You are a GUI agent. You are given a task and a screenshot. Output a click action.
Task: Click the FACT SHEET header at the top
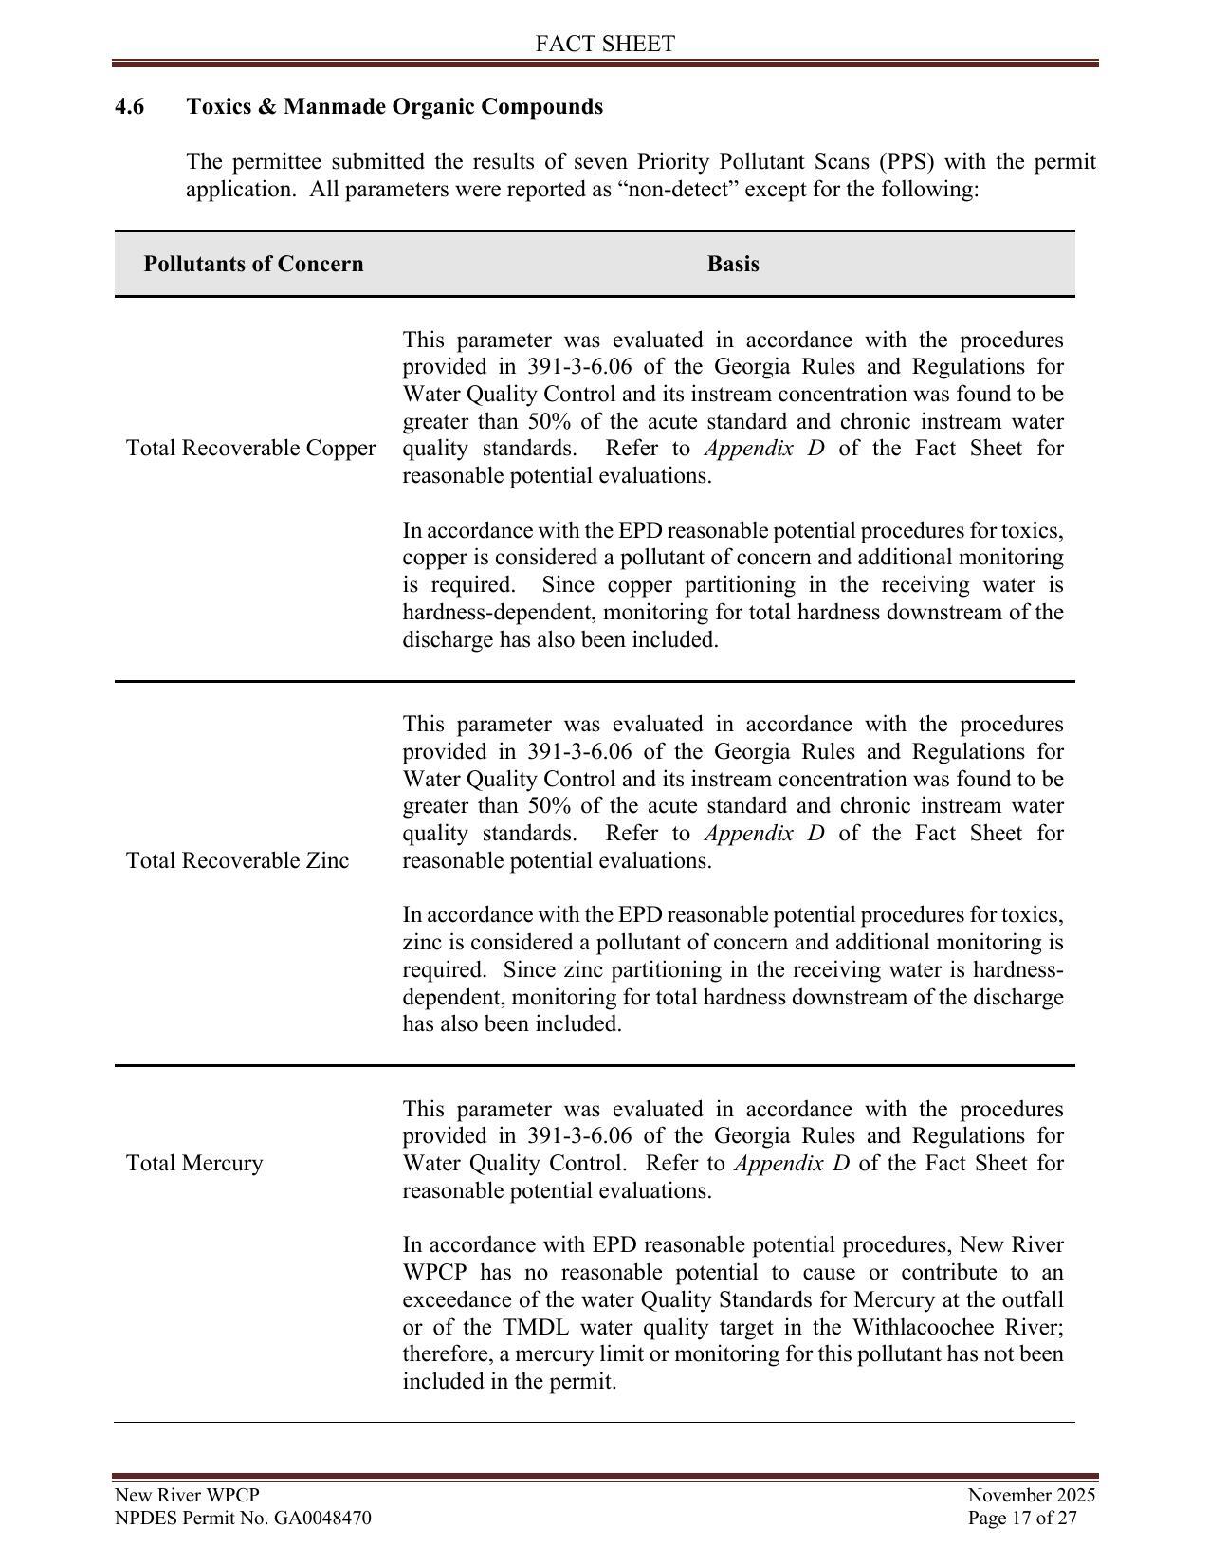[x=604, y=44]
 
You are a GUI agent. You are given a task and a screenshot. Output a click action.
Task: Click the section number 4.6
[x=130, y=106]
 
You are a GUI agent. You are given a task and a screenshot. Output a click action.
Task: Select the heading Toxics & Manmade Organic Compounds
[x=394, y=106]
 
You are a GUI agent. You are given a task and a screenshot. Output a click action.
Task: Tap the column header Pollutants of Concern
[x=253, y=264]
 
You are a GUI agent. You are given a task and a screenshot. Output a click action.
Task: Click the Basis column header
[x=733, y=264]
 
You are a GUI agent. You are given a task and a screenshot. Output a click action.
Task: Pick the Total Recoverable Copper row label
[x=250, y=448]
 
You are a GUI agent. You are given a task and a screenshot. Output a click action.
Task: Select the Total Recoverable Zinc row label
[x=237, y=860]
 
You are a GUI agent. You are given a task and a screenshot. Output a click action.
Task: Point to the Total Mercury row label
[x=194, y=1163]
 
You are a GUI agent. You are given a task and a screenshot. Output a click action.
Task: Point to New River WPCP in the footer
[x=187, y=1495]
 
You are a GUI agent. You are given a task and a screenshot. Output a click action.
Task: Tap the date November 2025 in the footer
[x=1031, y=1495]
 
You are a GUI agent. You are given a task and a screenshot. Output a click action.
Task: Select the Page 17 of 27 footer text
[x=1022, y=1518]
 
